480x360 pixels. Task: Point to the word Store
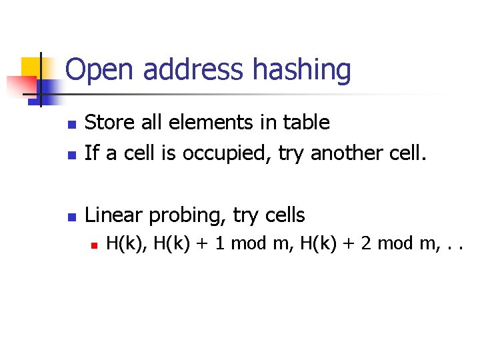pyautogui.click(x=108, y=122)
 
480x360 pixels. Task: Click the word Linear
pyautogui.click(x=114, y=215)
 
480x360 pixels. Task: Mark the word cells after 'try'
pyautogui.click(x=281, y=215)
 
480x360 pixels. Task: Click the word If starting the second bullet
pyautogui.click(x=92, y=154)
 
